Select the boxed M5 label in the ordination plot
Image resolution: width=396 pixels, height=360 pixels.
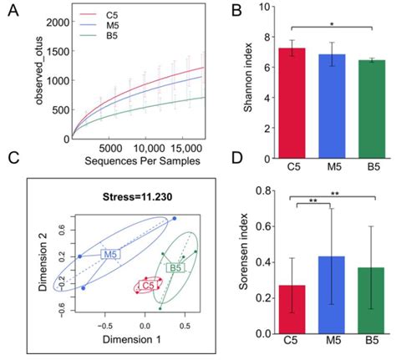109,253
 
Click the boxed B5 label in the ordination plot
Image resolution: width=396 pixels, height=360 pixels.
175,268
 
